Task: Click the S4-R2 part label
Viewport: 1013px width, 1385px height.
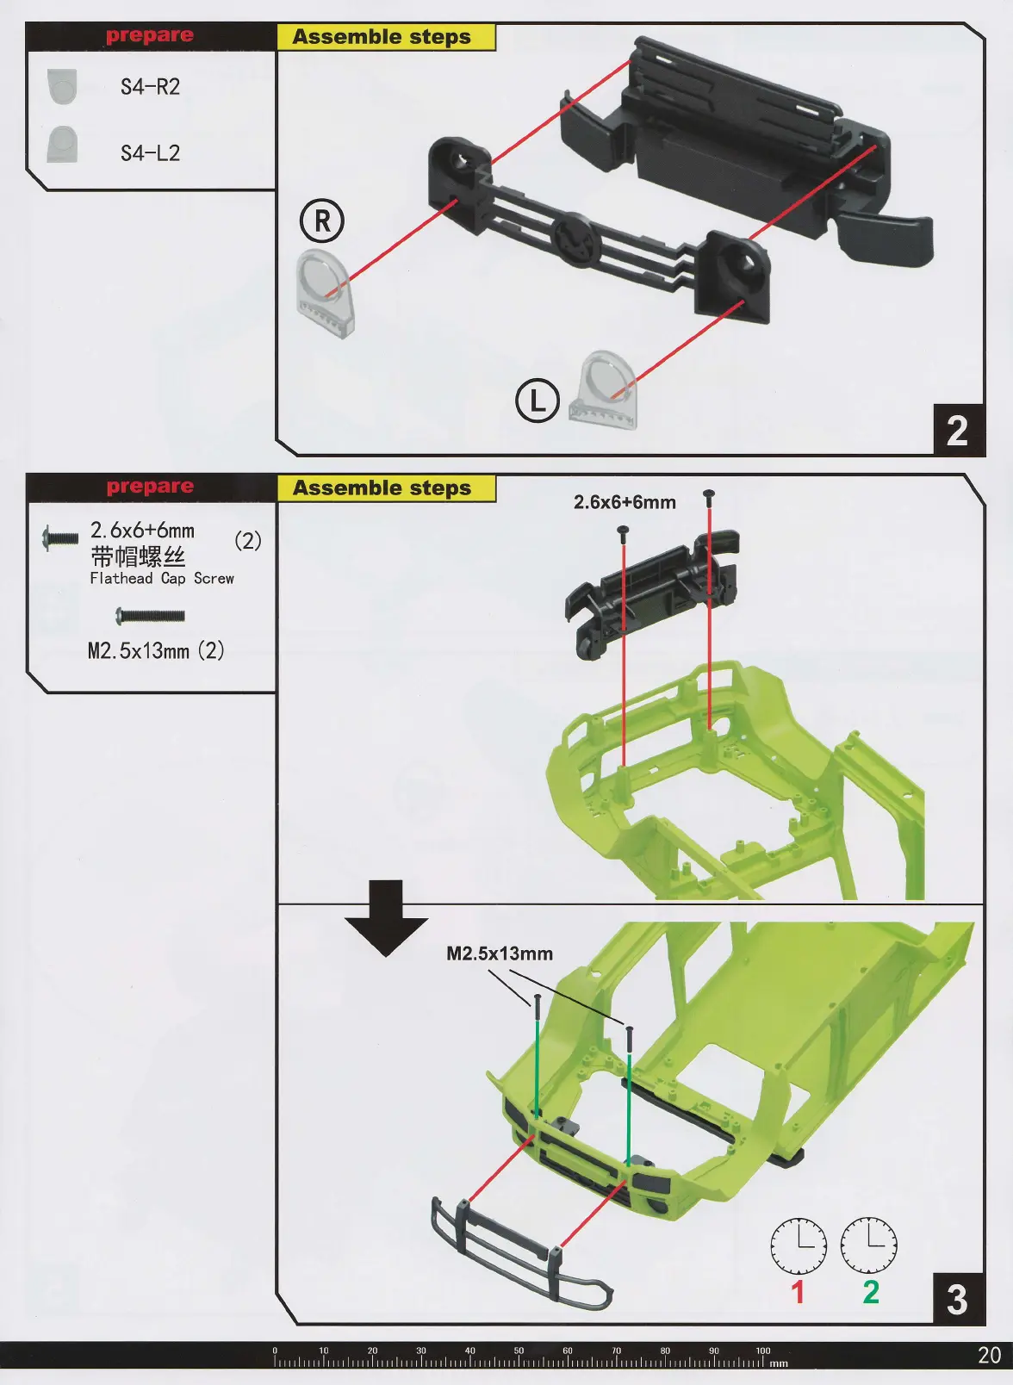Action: coord(150,87)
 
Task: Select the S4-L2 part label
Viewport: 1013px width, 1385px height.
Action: coord(150,153)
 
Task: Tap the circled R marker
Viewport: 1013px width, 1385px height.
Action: coord(322,220)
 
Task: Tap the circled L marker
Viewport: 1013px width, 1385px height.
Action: coord(538,401)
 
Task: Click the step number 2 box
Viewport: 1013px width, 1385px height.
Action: coord(958,430)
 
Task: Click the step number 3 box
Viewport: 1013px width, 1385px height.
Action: coord(957,1299)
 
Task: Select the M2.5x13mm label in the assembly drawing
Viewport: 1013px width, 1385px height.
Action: coord(500,953)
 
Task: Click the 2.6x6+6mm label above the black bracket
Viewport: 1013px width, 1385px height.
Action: coord(625,502)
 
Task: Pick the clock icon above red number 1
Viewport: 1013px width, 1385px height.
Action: coord(798,1245)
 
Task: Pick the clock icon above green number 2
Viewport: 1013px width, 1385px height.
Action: coord(868,1245)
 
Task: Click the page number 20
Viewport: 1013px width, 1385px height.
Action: coord(989,1355)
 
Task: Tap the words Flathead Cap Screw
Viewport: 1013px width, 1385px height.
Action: coord(162,579)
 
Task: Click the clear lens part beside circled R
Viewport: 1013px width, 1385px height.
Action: coord(324,293)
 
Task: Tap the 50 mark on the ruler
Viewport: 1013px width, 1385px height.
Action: coord(519,1351)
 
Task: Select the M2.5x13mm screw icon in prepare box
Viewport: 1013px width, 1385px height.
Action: coord(150,616)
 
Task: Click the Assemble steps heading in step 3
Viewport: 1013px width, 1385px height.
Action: coord(382,488)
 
